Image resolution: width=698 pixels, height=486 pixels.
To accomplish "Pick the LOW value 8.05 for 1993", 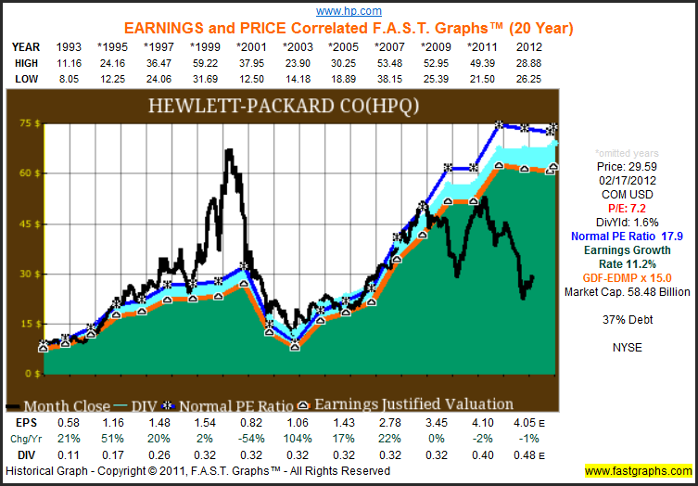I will click(70, 79).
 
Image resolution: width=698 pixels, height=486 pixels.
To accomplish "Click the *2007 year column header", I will click(389, 45).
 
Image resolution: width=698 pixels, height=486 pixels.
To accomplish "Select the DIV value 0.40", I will click(481, 454).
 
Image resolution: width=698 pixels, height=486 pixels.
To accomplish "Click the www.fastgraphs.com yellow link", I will click(639, 470).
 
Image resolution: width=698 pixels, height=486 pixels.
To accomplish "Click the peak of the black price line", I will click(228, 150).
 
